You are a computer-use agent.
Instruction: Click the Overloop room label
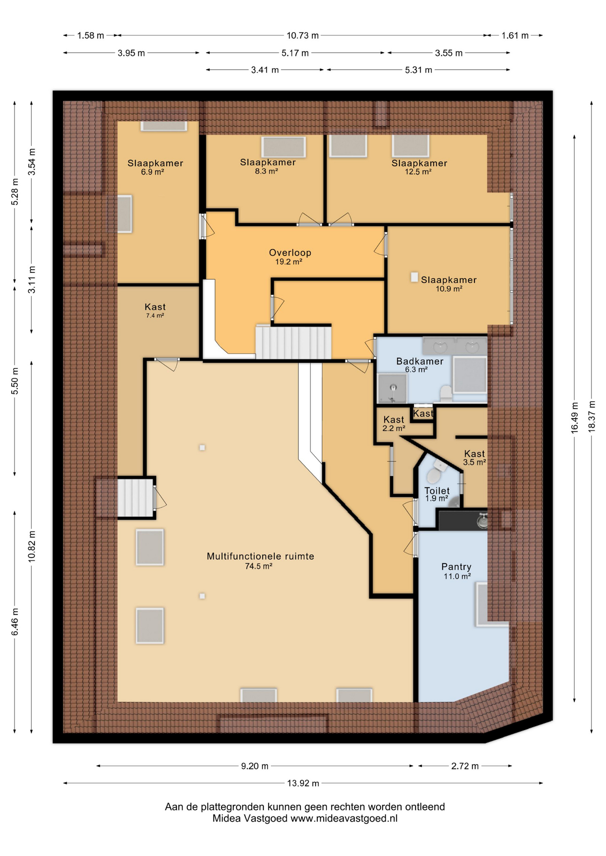[x=290, y=252]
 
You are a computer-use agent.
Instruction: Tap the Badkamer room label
[x=419, y=361]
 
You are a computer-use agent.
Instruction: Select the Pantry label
[x=456, y=567]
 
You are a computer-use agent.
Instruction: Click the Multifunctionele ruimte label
[x=260, y=556]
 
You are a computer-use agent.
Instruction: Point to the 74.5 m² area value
[x=259, y=566]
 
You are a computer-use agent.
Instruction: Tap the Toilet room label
[x=437, y=490]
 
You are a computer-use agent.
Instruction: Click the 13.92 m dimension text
[x=303, y=783]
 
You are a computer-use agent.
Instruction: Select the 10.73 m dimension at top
[x=303, y=35]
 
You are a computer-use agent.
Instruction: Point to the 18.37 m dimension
[x=591, y=416]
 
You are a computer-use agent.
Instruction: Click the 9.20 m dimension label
[x=255, y=766]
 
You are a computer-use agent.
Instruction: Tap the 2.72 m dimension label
[x=465, y=766]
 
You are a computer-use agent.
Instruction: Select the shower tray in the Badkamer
[x=392, y=387]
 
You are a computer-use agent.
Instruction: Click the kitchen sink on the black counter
[x=482, y=521]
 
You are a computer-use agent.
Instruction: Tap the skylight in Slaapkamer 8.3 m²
[x=283, y=147]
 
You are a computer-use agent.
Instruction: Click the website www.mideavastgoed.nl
[x=344, y=818]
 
